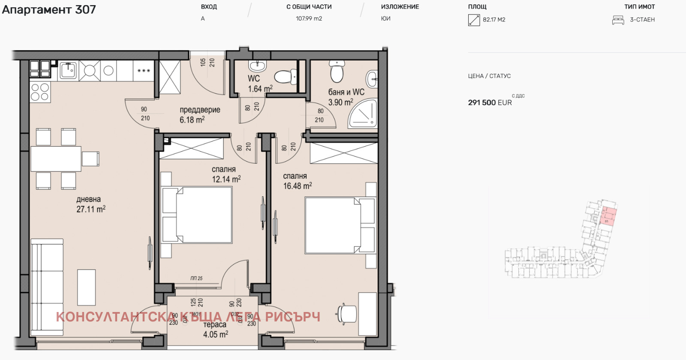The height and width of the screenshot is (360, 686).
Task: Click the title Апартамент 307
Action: [x=49, y=9]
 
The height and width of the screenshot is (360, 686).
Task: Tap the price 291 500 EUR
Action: [x=490, y=103]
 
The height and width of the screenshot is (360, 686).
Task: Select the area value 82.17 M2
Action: [x=494, y=20]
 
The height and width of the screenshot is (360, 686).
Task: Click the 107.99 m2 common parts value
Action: [x=309, y=18]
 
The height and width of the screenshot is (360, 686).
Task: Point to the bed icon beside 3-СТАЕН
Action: [x=618, y=20]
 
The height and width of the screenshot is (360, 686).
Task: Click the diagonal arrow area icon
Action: [x=474, y=20]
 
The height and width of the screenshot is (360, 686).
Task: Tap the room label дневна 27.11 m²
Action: [x=90, y=204]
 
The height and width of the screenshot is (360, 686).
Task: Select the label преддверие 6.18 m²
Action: [x=199, y=115]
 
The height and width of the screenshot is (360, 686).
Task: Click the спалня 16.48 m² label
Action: [x=297, y=181]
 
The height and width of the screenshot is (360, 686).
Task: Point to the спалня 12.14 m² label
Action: [x=226, y=174]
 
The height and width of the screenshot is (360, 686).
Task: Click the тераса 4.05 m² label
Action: [x=215, y=330]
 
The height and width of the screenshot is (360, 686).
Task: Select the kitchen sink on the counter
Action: [x=68, y=70]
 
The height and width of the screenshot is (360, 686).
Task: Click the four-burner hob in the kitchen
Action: [x=40, y=92]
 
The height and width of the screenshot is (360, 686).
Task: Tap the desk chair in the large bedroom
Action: [x=346, y=313]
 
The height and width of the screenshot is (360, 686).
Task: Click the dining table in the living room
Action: [x=56, y=159]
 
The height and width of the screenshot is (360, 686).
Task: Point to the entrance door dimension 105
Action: [x=203, y=63]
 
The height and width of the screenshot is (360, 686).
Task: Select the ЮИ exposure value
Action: [x=385, y=18]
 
